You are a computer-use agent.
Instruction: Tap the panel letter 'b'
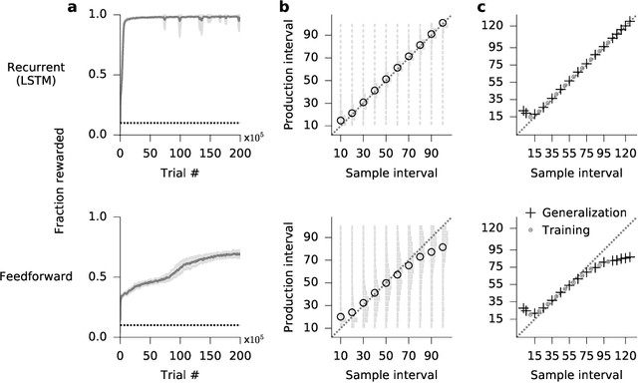tap(284, 8)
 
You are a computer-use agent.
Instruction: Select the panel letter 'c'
tap(483, 8)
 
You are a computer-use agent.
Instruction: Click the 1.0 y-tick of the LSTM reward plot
tap(100, 16)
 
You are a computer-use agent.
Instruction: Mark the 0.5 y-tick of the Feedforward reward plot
tap(100, 276)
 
